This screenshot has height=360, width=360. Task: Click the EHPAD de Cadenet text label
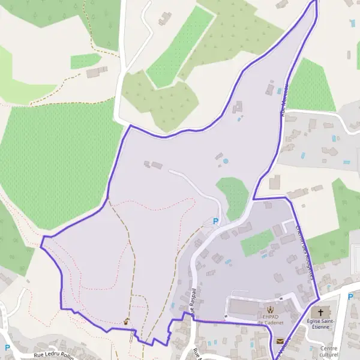pyautogui.click(x=269, y=319)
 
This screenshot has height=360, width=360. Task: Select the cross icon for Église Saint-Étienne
pyautogui.click(x=320, y=313)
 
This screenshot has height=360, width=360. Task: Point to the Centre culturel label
pyautogui.click(x=329, y=352)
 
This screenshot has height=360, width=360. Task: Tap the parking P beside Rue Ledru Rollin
pyautogui.click(x=7, y=347)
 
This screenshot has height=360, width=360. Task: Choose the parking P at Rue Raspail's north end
pyautogui.click(x=215, y=221)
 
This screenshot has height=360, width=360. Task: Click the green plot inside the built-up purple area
pyautogui.click(x=257, y=242)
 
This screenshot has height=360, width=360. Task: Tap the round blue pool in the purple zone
pyautogui.click(x=226, y=161)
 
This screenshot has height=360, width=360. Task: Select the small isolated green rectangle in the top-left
pyautogui.click(x=85, y=61)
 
